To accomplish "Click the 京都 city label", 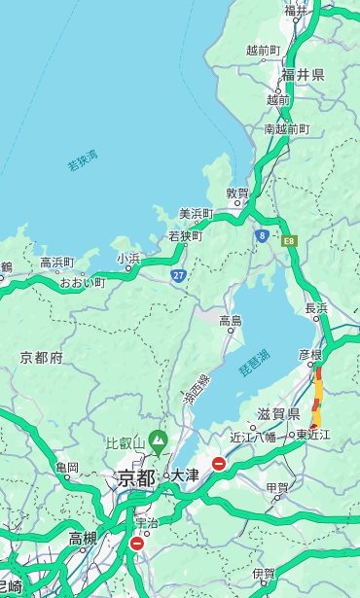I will coord(136,477).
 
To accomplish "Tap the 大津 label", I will coord(184,475).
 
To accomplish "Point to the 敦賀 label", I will coord(238,193).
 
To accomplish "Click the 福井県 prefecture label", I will coord(303,75).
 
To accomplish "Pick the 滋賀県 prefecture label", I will coord(279,413).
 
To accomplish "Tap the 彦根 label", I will coord(309,355).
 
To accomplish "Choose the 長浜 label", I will coord(316,308).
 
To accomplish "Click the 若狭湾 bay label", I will coord(83,160).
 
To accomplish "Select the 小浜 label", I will coord(129,258).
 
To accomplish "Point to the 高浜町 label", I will coord(56,263).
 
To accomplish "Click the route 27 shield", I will coord(179,275).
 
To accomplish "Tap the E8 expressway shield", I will coord(289,239).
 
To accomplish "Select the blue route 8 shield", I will coord(262,235).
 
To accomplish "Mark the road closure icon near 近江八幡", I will coord(219,464).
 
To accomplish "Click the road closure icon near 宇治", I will coord(136,544).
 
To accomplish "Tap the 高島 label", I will coord(231,321).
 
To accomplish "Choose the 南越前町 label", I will coord(286,128).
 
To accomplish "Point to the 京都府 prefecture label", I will coord(42,358).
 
